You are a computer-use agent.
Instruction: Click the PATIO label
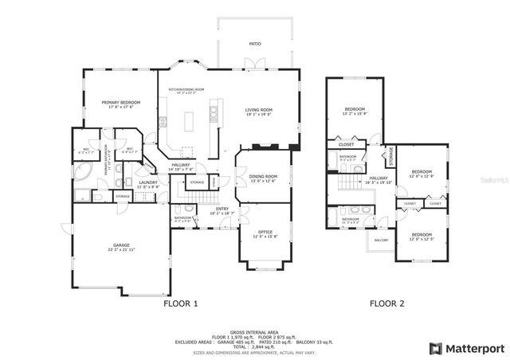click(x=255, y=44)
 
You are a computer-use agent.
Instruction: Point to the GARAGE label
click(x=121, y=247)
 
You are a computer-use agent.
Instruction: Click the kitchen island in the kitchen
click(x=190, y=121)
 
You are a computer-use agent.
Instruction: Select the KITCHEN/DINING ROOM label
click(x=187, y=90)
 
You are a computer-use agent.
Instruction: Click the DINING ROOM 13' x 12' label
click(x=263, y=178)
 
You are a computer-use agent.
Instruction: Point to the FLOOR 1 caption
click(x=180, y=303)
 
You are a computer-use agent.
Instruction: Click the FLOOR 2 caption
click(x=386, y=303)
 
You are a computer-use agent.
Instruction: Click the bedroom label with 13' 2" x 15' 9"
click(x=355, y=111)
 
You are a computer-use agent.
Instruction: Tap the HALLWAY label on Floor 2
click(x=378, y=179)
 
